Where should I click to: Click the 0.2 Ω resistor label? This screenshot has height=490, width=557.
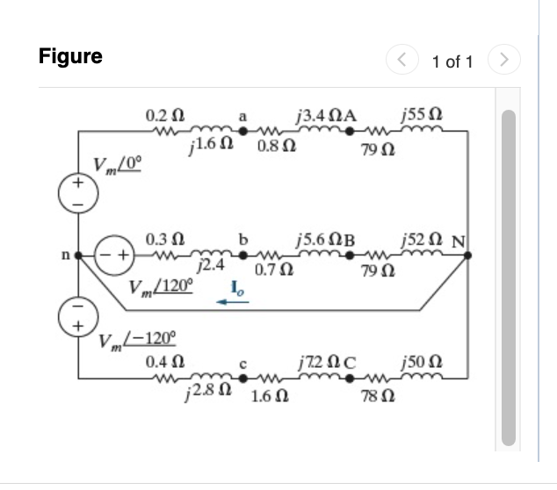[164, 116]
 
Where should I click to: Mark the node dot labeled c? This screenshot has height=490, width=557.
[248, 378]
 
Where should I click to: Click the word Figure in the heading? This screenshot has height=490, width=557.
[70, 57]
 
